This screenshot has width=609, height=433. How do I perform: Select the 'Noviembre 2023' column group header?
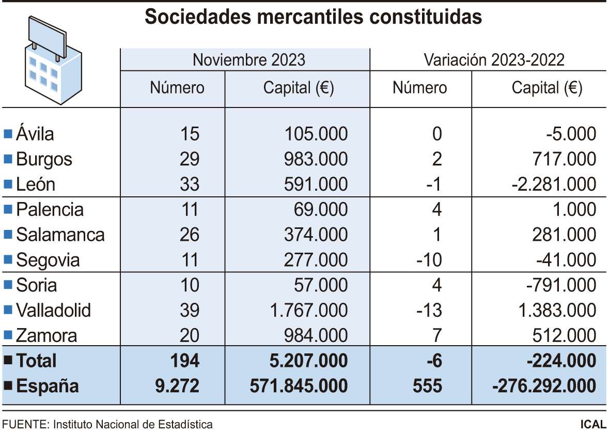[248, 59]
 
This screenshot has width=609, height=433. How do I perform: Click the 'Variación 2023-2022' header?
[494, 59]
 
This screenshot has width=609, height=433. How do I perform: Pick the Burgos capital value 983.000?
[316, 159]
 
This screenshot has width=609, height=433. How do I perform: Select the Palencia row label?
[50, 210]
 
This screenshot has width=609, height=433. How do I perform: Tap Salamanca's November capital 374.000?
[316, 235]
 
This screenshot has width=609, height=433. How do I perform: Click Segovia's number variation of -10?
[430, 260]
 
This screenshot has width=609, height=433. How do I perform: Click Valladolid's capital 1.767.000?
[307, 311]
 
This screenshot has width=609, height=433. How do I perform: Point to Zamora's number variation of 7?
[436, 336]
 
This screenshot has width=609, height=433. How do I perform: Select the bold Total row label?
[36, 361]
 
